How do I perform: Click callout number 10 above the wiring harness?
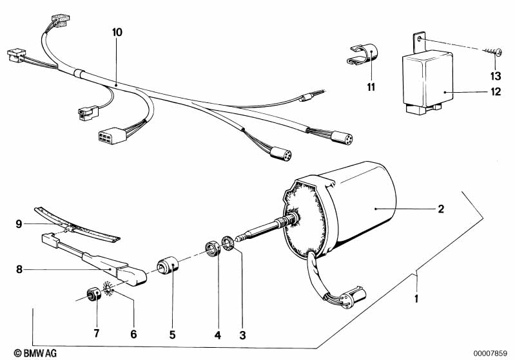(x=117, y=32)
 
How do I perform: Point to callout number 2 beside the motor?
(x=441, y=209)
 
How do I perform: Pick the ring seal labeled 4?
(x=211, y=249)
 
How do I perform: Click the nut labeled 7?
(x=93, y=294)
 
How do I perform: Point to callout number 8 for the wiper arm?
(x=19, y=269)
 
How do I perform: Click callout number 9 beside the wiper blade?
(x=19, y=224)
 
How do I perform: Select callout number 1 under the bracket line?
(x=416, y=299)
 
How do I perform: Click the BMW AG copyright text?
(x=35, y=353)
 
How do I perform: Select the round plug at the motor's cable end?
(x=353, y=297)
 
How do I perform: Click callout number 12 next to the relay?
(x=496, y=91)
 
